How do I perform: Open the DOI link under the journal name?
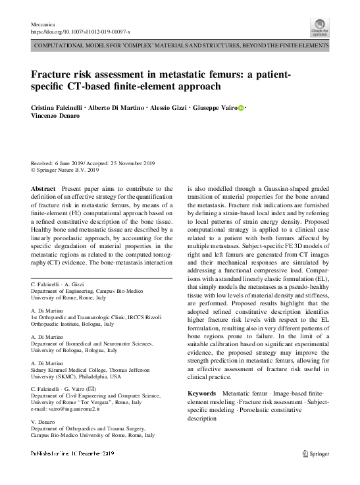[80, 31]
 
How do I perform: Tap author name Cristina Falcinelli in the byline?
[57, 108]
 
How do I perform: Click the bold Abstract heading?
[43, 190]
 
